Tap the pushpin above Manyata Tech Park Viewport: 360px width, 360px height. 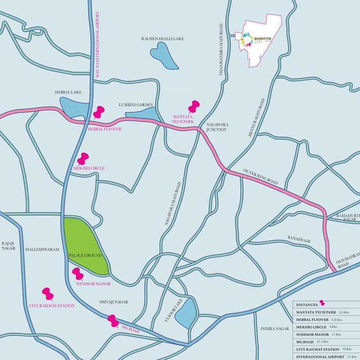pyautogui.click(x=194, y=106)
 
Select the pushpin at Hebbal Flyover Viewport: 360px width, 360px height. pyautogui.click(x=99, y=112)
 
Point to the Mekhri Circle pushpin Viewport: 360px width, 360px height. pyautogui.click(x=84, y=158)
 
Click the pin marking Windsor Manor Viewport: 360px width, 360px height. pyautogui.click(x=77, y=273)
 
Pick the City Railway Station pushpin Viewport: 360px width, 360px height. pyautogui.click(x=47, y=294)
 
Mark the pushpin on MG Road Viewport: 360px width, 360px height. pyautogui.click(x=113, y=321)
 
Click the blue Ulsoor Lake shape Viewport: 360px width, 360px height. pyautogui.click(x=186, y=313)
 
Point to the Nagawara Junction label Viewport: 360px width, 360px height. pyautogui.click(x=217, y=127)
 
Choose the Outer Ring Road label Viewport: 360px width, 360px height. pyautogui.click(x=260, y=177)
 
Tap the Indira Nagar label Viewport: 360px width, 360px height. pyautogui.click(x=275, y=329)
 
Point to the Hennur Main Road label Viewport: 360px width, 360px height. pyautogui.click(x=256, y=117)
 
